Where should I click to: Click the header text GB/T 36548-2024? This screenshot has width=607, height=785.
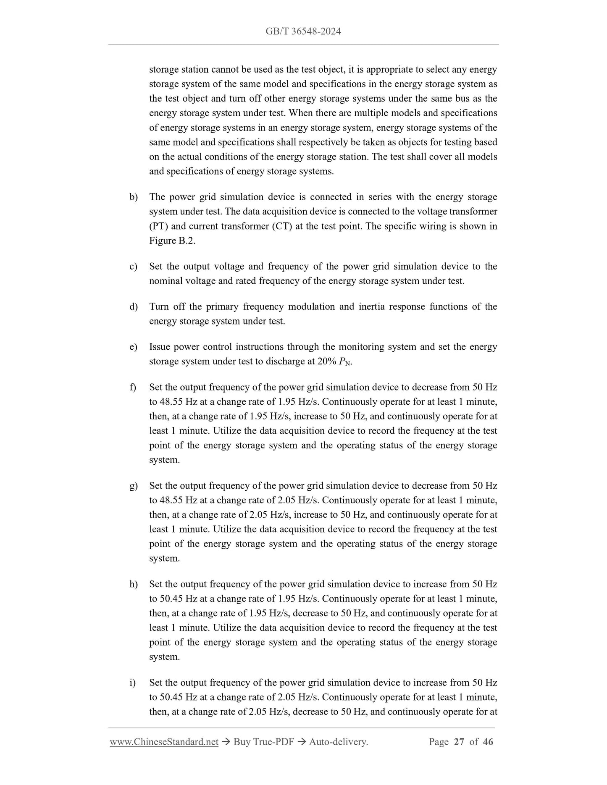tap(303, 31)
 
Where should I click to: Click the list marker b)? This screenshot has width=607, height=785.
tap(134, 197)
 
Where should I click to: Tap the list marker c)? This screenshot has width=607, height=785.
tap(134, 267)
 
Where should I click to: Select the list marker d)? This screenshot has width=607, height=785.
tap(134, 307)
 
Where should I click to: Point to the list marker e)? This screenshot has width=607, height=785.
tap(134, 347)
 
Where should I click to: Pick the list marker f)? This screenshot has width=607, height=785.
tap(133, 387)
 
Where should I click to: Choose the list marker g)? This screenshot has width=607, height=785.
tap(134, 486)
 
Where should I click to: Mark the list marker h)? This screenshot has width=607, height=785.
tap(134, 584)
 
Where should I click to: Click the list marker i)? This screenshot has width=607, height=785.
tap(133, 683)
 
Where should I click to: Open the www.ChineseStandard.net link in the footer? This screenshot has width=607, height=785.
tap(164, 742)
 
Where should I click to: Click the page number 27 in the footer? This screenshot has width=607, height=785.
tap(459, 742)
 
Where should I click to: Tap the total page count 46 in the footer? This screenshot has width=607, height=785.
tap(488, 742)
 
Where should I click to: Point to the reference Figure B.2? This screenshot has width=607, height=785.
tap(172, 241)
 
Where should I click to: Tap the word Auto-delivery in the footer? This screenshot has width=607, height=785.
tap(338, 742)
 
